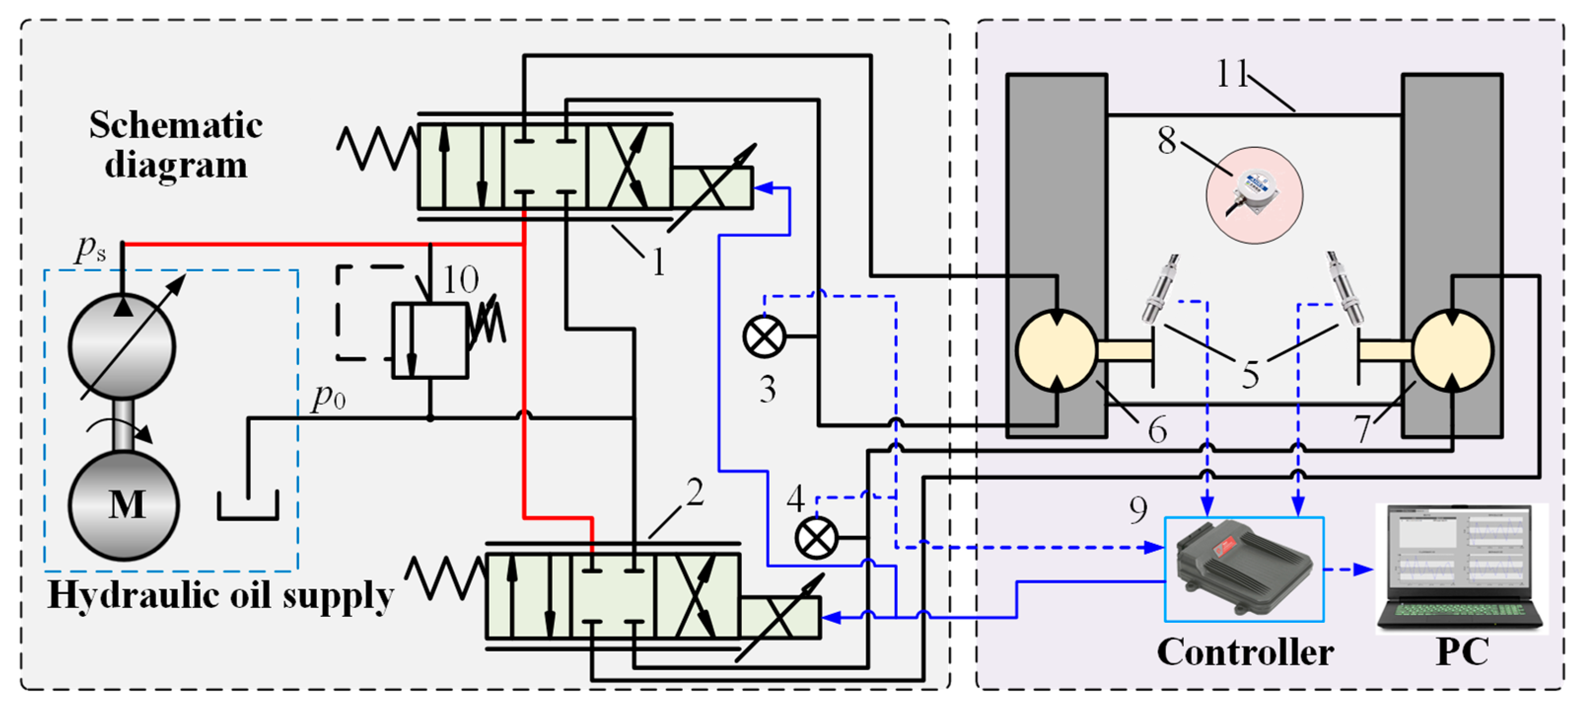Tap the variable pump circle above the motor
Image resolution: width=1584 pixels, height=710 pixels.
point(122,347)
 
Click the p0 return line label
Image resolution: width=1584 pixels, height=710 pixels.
point(328,398)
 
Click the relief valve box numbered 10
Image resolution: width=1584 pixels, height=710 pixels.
point(430,340)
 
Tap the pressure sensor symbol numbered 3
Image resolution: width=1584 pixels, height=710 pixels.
point(764,336)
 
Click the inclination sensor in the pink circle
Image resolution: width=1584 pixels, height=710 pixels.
point(1254,194)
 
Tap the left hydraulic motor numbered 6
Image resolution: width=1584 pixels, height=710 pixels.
point(1056,350)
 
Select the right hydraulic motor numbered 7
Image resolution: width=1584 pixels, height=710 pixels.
point(1452,350)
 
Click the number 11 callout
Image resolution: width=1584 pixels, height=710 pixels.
point(1232,74)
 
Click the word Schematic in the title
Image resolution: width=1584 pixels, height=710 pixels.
point(176,126)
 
